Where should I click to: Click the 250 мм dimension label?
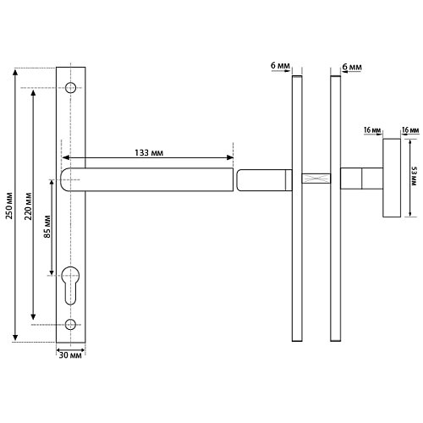pos(9,206)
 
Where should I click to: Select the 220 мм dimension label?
pos(28,206)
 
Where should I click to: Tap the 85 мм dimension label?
pos(47,227)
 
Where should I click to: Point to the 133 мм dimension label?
pos(149,152)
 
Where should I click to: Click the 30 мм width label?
pos(70,355)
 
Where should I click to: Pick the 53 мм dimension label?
pos(414,176)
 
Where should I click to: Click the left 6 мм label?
pos(280,65)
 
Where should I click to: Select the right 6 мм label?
pos(352,67)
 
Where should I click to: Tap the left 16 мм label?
pos(372,130)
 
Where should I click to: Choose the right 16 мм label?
pos(410,130)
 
